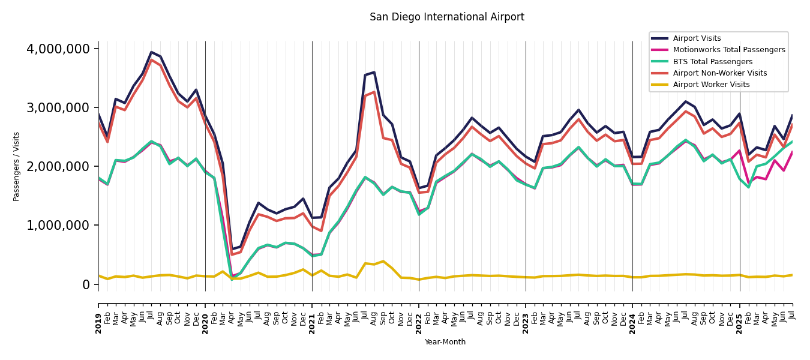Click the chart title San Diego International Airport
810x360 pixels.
click(x=446, y=17)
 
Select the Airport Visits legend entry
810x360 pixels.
click(x=697, y=38)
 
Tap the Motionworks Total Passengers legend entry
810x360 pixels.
click(x=728, y=50)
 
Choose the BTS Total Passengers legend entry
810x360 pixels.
click(x=712, y=62)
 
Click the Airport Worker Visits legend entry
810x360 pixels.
click(x=711, y=85)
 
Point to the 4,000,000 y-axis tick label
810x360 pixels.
click(x=58, y=49)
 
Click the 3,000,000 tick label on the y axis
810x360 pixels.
click(x=58, y=107)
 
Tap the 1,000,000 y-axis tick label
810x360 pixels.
click(x=58, y=225)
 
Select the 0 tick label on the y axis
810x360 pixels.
click(x=86, y=284)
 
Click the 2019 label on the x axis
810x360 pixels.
click(x=98, y=314)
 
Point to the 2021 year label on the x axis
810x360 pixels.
click(x=312, y=314)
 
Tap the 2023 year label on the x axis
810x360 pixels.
click(x=526, y=314)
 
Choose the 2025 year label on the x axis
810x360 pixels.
click(x=739, y=314)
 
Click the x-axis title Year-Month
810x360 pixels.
click(x=445, y=342)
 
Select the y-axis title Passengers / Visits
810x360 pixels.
click(x=17, y=166)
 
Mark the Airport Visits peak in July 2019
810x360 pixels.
click(x=152, y=52)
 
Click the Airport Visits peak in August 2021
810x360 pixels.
click(x=374, y=73)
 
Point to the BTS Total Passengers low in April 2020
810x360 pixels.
click(x=232, y=279)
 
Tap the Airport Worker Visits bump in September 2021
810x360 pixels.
click(x=383, y=261)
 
